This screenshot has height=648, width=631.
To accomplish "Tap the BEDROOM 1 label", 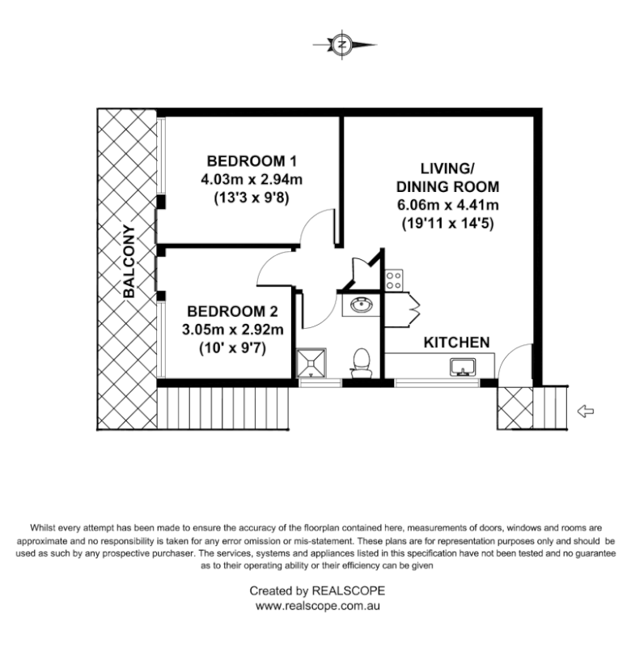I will [247, 160].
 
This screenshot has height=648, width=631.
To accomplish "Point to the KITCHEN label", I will [457, 343].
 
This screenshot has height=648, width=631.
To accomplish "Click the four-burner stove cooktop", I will [394, 280].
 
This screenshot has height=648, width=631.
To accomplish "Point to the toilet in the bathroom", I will [361, 362].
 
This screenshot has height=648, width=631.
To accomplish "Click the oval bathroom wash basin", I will [362, 305].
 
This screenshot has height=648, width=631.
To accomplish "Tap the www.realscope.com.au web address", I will [317, 605].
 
